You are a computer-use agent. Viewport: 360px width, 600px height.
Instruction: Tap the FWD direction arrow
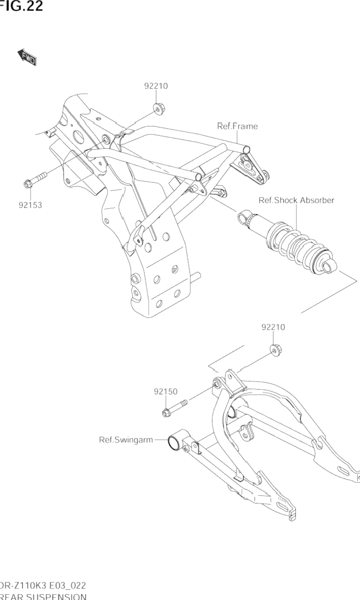point(28,57)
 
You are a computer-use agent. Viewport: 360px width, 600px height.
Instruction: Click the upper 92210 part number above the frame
point(156,86)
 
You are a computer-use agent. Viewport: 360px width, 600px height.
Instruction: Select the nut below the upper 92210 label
point(157,108)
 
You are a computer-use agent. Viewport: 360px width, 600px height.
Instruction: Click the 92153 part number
point(31,205)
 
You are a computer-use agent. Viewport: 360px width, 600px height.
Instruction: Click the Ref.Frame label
point(237,126)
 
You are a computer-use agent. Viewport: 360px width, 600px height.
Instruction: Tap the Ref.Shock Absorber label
point(296,200)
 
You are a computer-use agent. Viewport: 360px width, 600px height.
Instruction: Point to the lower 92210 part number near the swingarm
point(273,327)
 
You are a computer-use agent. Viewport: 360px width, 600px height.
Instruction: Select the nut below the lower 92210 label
point(275,351)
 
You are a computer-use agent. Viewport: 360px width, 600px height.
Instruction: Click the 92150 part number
point(166,391)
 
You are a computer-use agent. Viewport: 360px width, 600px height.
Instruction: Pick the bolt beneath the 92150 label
point(174,407)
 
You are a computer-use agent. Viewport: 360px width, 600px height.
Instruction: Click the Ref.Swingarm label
point(126,440)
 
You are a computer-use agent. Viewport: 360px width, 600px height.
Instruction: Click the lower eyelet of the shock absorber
point(328,267)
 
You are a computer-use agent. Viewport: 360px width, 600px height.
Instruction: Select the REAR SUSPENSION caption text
point(43,597)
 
